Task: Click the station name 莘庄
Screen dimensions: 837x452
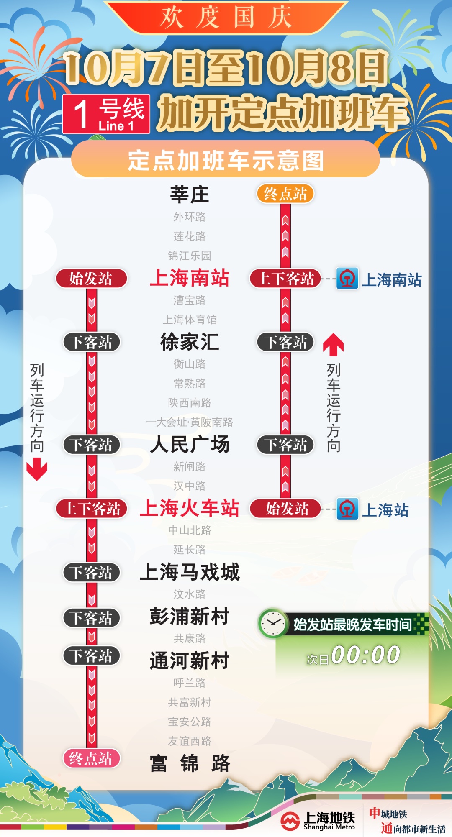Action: click(189, 195)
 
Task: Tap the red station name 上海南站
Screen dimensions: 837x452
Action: click(190, 278)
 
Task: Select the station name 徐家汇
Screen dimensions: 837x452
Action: click(190, 342)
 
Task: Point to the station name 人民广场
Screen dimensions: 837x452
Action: click(190, 444)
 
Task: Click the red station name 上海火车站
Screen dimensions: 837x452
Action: click(190, 508)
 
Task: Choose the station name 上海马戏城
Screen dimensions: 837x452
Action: click(190, 572)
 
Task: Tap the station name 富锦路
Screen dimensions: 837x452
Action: click(190, 763)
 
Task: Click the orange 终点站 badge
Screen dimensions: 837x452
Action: click(285, 194)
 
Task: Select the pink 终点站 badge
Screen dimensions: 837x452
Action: click(91, 758)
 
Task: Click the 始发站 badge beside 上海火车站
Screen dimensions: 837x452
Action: click(285, 509)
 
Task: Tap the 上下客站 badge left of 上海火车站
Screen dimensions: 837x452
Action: click(91, 509)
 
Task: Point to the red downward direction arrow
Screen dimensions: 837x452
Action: click(37, 468)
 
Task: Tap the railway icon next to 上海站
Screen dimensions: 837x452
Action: click(347, 509)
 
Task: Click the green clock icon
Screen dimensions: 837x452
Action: click(273, 623)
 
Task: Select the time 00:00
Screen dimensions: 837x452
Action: click(365, 655)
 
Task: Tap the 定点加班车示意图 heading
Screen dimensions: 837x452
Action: click(226, 161)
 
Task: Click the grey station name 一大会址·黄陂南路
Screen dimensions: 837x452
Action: click(190, 422)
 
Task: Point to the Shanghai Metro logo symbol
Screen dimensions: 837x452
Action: click(290, 821)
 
